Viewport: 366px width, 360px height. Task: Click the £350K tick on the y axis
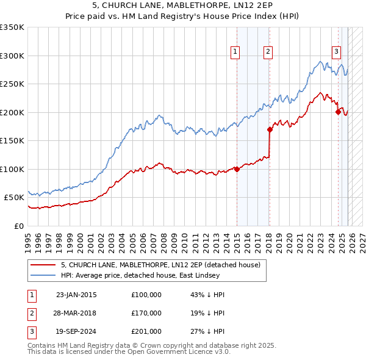tap(12, 27)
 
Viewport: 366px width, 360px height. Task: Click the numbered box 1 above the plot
tap(235, 52)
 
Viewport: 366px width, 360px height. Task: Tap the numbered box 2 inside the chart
tap(268, 52)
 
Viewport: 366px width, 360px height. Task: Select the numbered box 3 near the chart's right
tap(336, 52)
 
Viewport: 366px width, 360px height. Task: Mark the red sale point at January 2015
tap(237, 170)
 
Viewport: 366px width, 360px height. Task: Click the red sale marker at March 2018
tap(270, 129)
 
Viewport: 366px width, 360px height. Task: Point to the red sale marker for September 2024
tap(337, 112)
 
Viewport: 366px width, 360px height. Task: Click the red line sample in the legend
tap(43, 265)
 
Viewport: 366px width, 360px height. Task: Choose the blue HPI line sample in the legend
tap(43, 275)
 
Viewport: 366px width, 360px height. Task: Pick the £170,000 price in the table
tap(146, 313)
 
